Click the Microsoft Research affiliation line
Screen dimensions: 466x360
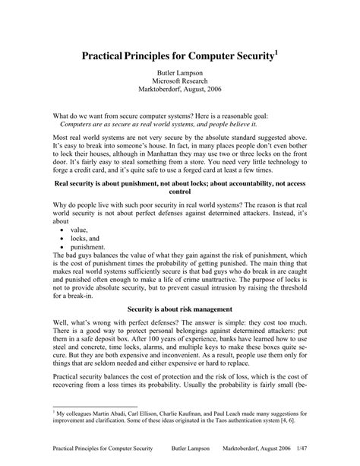point(179,84)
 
